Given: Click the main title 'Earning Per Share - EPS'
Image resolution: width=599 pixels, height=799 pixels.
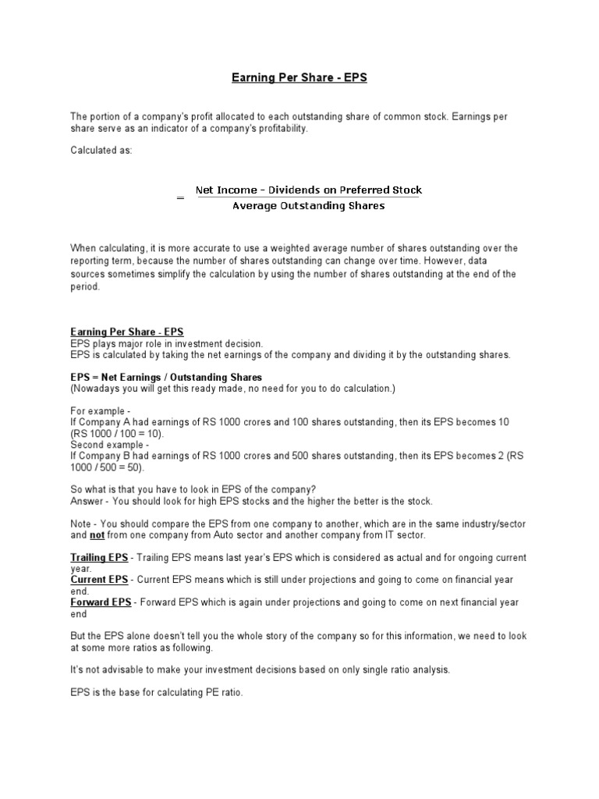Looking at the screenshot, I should pyautogui.click(x=299, y=78).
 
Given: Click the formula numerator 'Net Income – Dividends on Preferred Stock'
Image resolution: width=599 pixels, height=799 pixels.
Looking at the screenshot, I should pyautogui.click(x=308, y=190).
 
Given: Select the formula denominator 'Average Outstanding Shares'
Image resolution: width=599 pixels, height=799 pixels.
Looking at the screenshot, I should pyautogui.click(x=308, y=206).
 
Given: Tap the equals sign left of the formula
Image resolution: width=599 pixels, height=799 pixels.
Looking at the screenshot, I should pyautogui.click(x=180, y=198).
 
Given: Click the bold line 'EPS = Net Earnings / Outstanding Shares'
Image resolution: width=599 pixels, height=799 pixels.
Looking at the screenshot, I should pyautogui.click(x=166, y=377).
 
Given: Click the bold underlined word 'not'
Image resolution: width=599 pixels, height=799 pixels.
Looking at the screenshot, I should pyautogui.click(x=97, y=536).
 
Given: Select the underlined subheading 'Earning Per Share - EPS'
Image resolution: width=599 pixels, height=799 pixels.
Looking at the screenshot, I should pyautogui.click(x=127, y=332).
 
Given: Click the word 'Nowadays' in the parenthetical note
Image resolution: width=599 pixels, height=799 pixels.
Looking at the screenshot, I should pyautogui.click(x=97, y=388).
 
